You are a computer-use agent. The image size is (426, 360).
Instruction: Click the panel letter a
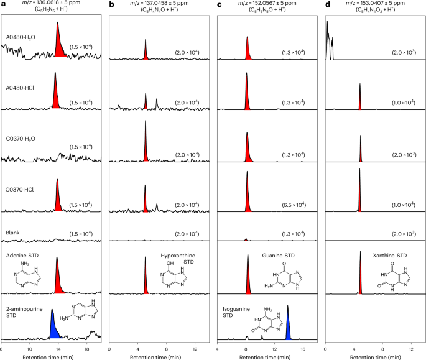pyautogui.click(x=3, y=4)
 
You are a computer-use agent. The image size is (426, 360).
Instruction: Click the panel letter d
pyautogui.click(x=327, y=4)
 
